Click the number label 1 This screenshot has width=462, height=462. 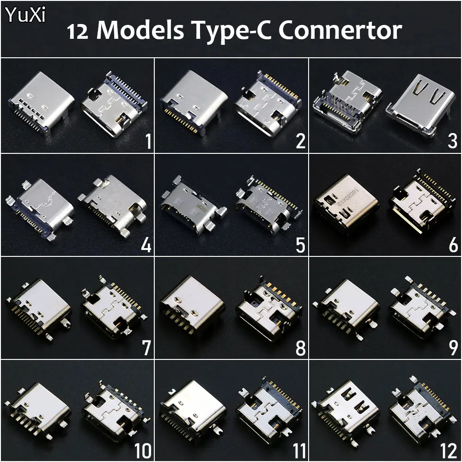pyautogui.click(x=148, y=141)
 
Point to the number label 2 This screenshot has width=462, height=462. pyautogui.click(x=300, y=141)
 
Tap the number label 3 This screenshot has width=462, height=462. pyautogui.click(x=452, y=141)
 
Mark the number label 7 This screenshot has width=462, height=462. pyautogui.click(x=146, y=348)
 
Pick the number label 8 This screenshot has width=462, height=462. pyautogui.click(x=300, y=348)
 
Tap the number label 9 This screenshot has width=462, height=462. pyautogui.click(x=453, y=348)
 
